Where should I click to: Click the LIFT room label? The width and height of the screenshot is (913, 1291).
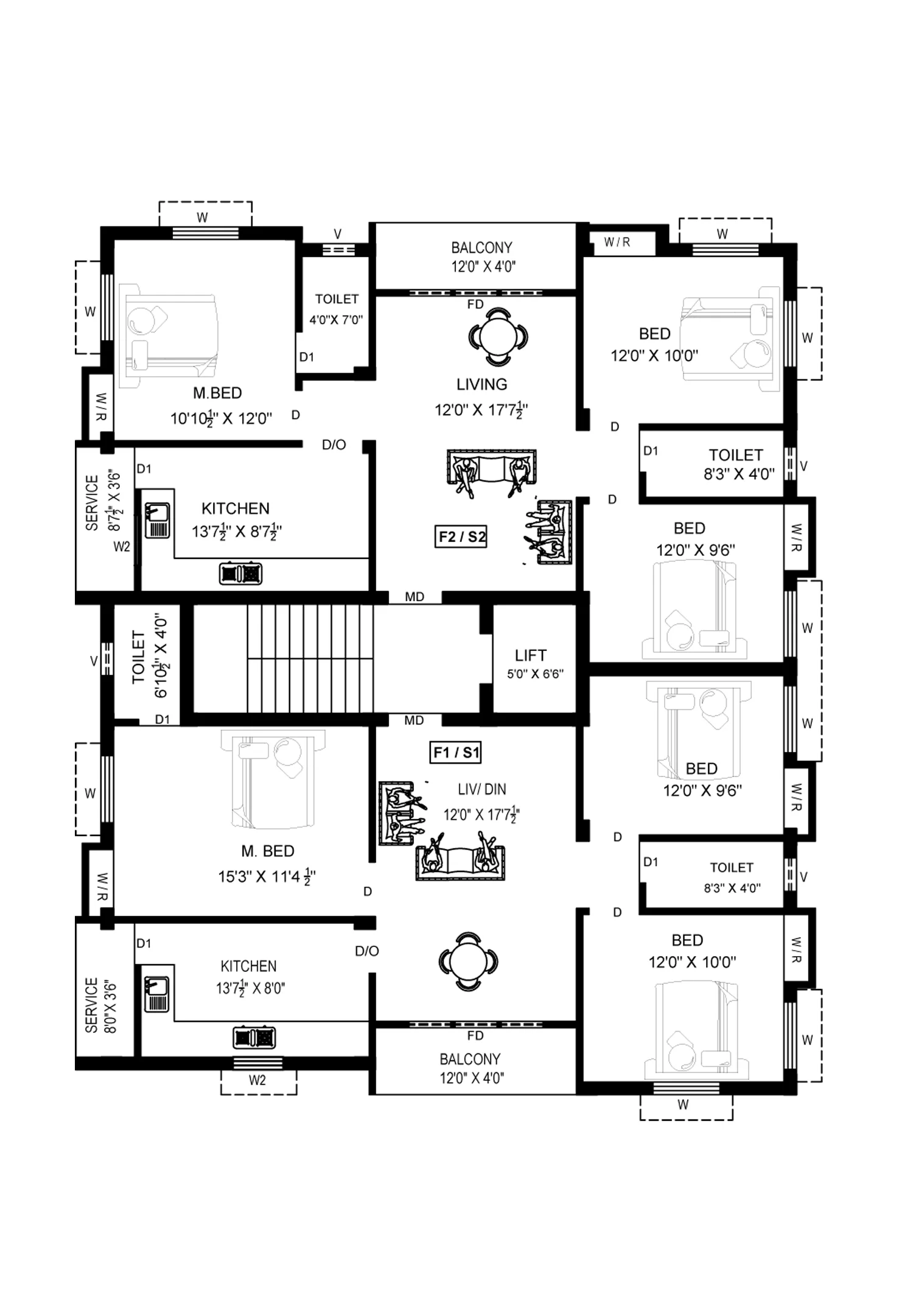coord(531,655)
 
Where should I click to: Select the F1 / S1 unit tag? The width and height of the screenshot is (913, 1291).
coord(456,753)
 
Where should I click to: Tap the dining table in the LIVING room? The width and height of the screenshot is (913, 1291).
coord(498,337)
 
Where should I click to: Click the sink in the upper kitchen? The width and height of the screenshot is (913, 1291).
coord(158,520)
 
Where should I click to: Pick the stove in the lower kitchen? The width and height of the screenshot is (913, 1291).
coord(254,1037)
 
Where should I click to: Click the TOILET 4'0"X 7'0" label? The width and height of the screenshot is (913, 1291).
coord(336,309)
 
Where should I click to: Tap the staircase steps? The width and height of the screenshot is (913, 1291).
coord(310,658)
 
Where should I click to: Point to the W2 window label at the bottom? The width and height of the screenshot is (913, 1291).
coord(257,1080)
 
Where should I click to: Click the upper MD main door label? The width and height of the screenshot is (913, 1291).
coord(415,597)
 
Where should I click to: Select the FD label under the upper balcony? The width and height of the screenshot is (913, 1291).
coord(475,304)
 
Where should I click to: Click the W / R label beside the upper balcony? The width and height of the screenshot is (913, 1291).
coord(617,242)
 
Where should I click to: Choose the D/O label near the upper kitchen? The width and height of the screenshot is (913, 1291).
coord(334,445)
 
